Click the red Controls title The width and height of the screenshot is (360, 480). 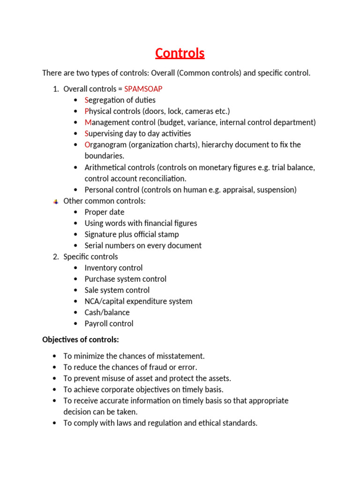pos(180,53)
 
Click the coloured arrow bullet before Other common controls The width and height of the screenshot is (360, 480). pos(55,202)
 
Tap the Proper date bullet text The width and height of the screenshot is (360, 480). pos(104,212)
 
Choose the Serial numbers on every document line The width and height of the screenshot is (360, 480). pos(143,246)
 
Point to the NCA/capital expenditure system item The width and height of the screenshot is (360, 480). pos(138,301)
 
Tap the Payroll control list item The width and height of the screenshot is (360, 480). pos(109,323)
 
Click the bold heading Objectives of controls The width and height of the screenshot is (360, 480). pos(81,339)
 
